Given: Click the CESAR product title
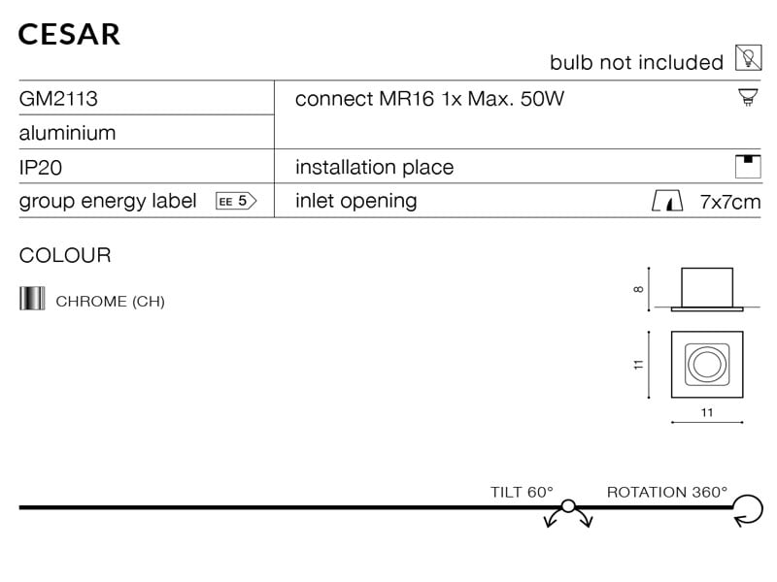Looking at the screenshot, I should point(69,34).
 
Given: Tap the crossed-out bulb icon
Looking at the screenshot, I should point(747,58).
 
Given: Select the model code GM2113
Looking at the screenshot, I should point(58,99).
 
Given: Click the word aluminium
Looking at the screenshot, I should point(67,133).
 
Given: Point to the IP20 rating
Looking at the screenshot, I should point(41,167).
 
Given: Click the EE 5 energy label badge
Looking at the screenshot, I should point(235,201).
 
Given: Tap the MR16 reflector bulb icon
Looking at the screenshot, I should point(747,97).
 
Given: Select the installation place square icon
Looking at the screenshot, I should point(747,166).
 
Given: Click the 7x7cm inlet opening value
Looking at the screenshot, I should point(730,202).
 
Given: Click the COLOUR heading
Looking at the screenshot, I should point(65,256).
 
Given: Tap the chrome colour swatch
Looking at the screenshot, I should point(32,299).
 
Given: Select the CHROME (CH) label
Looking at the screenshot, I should point(110,301).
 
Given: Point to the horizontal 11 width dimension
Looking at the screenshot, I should point(706,413).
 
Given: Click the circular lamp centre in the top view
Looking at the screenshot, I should point(705,365).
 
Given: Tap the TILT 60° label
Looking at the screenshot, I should point(522,492).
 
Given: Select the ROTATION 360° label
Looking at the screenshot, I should point(666,492).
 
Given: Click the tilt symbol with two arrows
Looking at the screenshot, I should point(568,511).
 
